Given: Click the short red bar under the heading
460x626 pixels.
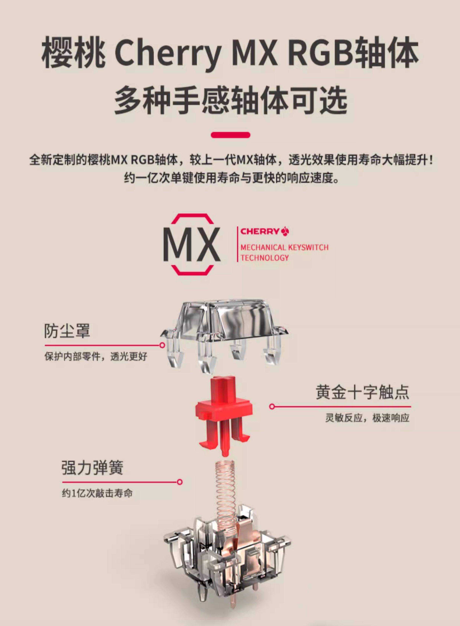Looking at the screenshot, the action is (x=231, y=135).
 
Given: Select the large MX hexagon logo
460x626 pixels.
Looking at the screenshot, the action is (x=192, y=244).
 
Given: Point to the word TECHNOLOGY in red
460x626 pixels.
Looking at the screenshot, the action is (x=264, y=258).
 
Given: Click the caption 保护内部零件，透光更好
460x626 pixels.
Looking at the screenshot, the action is (x=96, y=356).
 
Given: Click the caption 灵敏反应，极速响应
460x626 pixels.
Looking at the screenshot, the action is (x=367, y=418).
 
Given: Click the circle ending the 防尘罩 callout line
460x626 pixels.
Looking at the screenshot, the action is (x=162, y=345).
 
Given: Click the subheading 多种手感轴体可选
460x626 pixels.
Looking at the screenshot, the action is (x=231, y=100).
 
